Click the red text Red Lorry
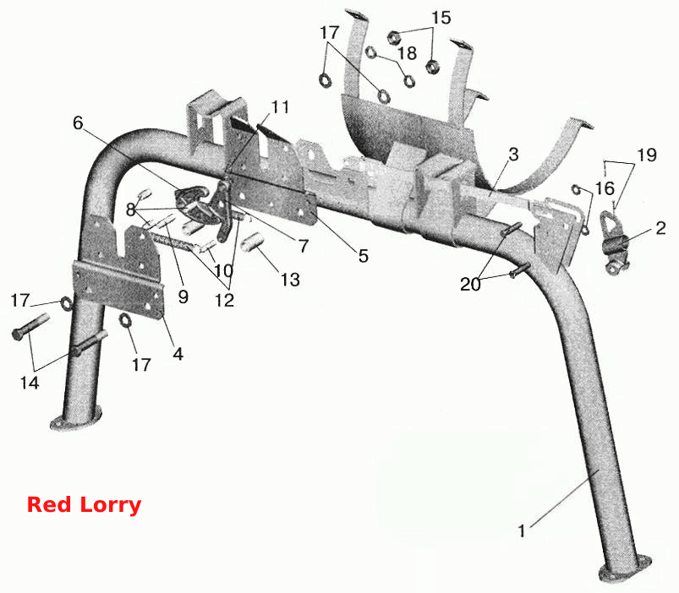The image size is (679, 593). (84, 505)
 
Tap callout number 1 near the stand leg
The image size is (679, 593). (522, 530)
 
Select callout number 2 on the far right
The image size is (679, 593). (660, 228)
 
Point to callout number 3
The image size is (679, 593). (513, 154)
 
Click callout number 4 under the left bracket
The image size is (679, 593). (178, 354)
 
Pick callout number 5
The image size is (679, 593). (364, 256)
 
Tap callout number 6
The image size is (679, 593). (78, 122)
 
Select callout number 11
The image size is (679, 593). (280, 106)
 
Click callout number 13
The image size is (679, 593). (290, 280)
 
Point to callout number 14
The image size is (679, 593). (30, 383)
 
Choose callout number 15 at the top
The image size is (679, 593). (441, 18)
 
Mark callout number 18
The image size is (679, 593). (407, 52)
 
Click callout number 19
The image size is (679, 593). (647, 155)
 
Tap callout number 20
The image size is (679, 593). (470, 284)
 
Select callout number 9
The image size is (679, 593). (183, 296)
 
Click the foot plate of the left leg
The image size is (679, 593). (76, 418)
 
